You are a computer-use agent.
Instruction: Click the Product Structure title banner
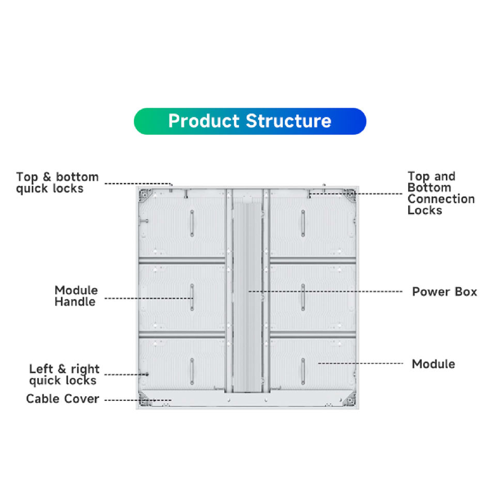pos(250,121)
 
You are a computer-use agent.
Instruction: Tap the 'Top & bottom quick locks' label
pos(57,182)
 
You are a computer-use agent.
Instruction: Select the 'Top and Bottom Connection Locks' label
pos(441,193)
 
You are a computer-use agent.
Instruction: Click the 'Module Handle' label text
pos(76,296)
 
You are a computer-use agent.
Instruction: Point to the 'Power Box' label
pos(444,291)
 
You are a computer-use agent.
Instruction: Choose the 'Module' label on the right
pos(433,364)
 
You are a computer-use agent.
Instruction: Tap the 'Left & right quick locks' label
pos(64,375)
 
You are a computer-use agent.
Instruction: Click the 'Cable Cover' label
pos(63,399)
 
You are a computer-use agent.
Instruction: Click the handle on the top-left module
pos(192,223)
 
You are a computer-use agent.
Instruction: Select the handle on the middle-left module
pos(192,298)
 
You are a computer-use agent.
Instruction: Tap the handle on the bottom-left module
pos(192,371)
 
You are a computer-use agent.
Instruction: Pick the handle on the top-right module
pos(303,223)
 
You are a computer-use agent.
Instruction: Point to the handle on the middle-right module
pos(303,298)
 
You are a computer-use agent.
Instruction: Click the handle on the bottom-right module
pos(303,371)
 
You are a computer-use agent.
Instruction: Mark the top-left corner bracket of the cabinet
pos(146,195)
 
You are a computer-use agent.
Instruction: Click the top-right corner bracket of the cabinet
pos(350,195)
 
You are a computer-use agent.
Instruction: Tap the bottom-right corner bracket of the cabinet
pos(350,399)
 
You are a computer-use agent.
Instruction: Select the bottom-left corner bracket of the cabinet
pos(146,399)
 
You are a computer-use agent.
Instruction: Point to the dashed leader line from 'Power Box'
pos(325,291)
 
